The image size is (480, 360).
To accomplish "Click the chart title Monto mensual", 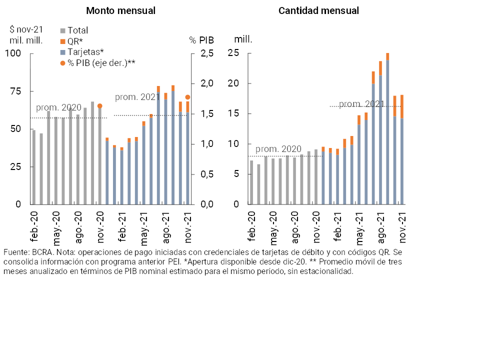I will (x=120, y=10).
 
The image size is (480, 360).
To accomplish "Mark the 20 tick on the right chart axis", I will (x=232, y=83).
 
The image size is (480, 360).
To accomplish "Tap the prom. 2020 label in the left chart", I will (x=58, y=108).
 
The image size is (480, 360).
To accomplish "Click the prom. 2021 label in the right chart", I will (x=361, y=104).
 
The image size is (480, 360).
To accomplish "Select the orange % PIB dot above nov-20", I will (x=99, y=106).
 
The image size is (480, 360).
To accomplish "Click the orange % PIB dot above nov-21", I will (x=187, y=97).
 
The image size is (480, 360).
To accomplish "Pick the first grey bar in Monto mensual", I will (x=34, y=167).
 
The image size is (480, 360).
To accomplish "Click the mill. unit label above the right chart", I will (x=243, y=38).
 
